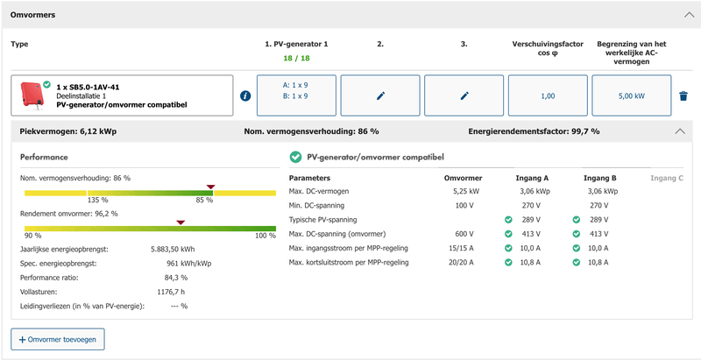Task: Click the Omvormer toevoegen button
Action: [x=58, y=339]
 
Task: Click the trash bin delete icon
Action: [x=683, y=95]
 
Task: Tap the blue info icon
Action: [x=245, y=95]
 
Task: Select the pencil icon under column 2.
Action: [x=380, y=95]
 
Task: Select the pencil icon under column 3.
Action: [x=464, y=95]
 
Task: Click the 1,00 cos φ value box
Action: [x=548, y=95]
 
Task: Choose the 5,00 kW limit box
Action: [x=632, y=95]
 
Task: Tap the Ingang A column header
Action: [x=533, y=178]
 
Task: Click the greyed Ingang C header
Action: [x=667, y=178]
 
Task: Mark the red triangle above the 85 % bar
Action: [x=210, y=186]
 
